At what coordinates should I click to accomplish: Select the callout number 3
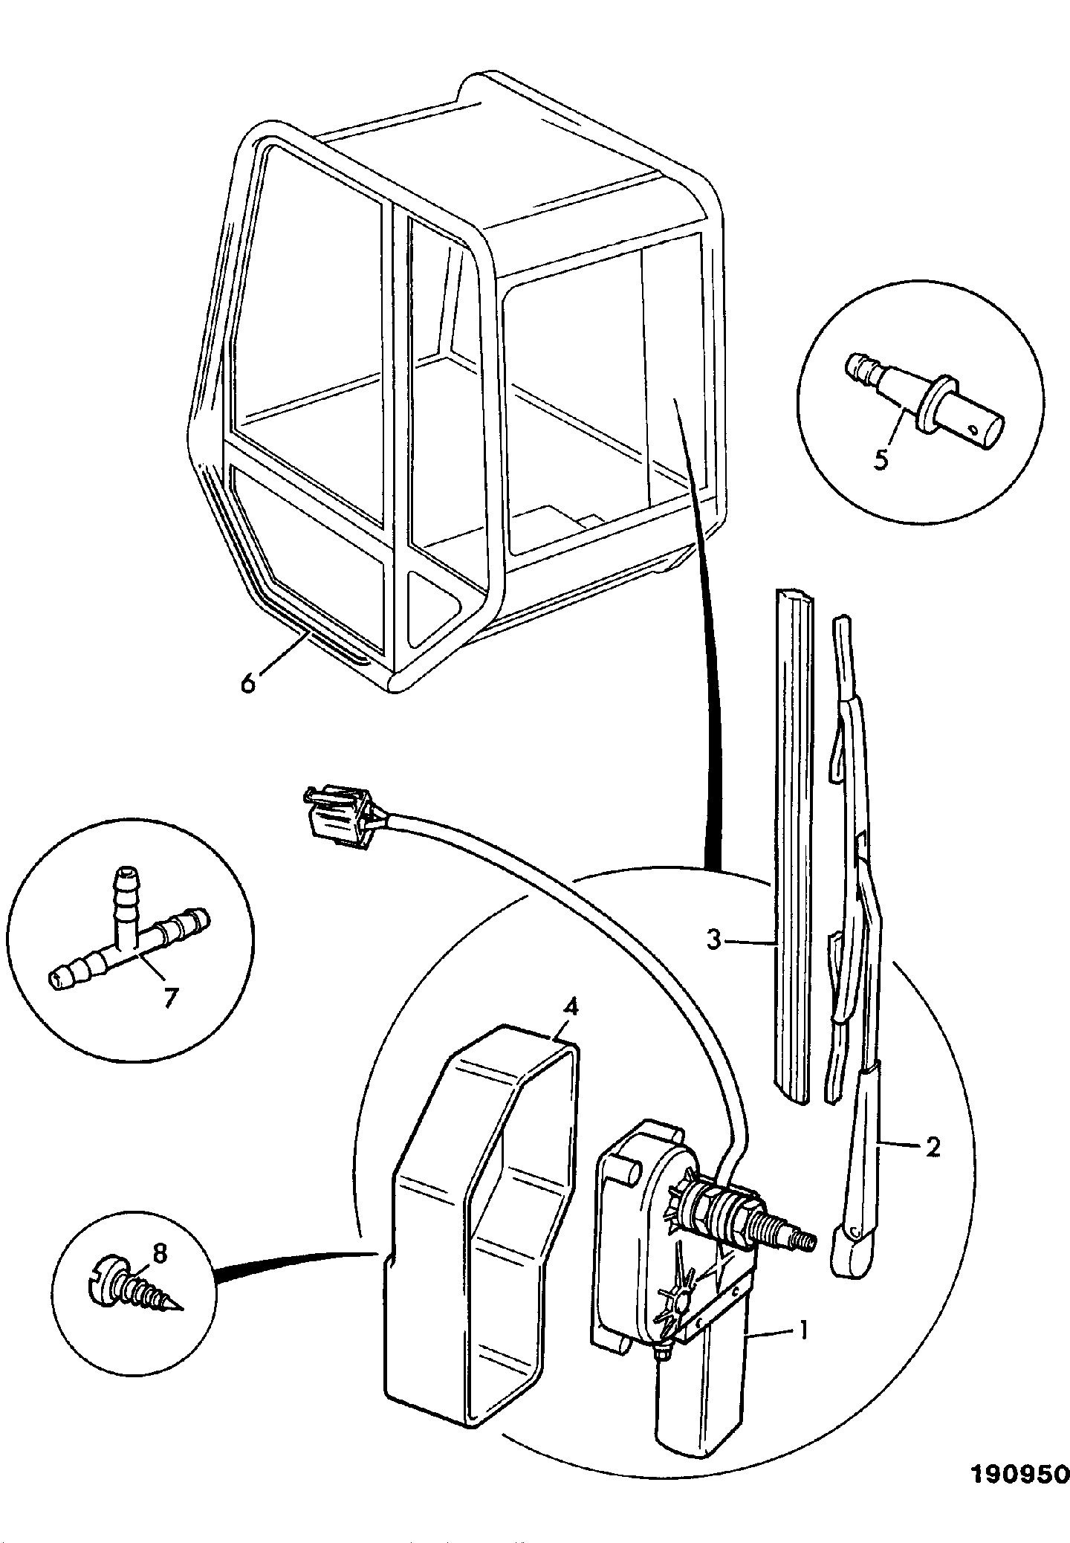[714, 941]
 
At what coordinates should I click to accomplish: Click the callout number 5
[881, 459]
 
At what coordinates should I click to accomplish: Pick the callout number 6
[247, 681]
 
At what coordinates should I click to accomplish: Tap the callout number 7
[172, 997]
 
